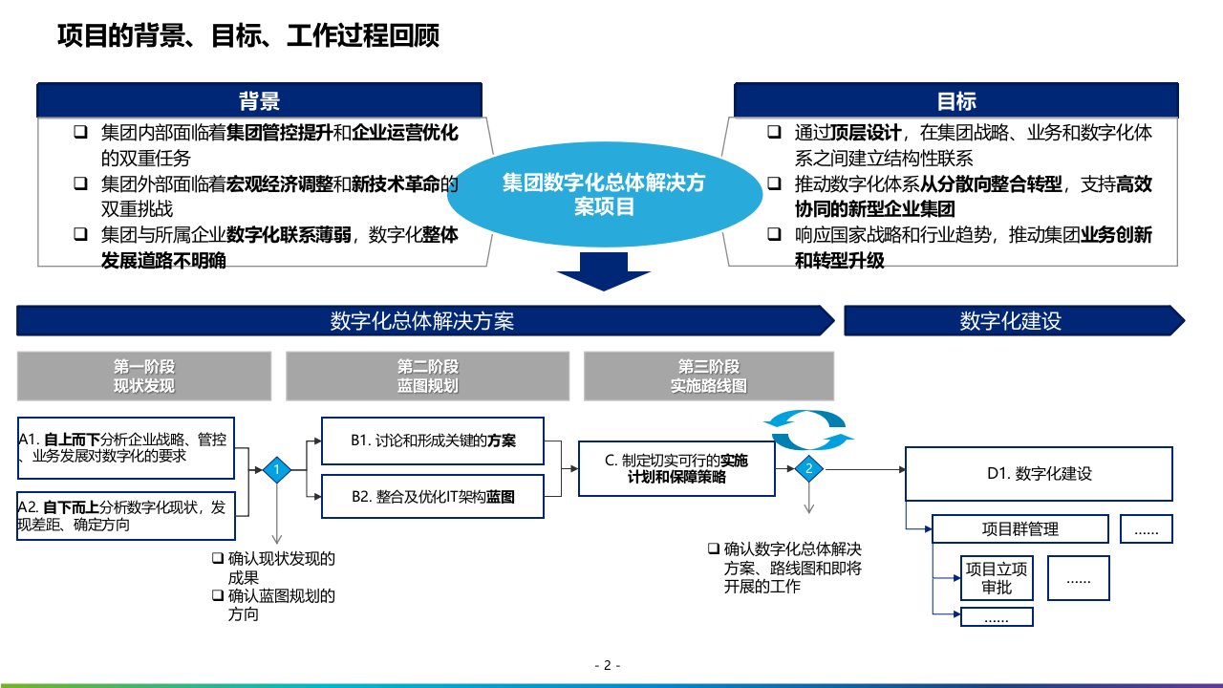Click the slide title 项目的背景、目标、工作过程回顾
(248, 36)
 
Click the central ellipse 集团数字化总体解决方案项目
(604, 194)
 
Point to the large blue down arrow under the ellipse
(603, 273)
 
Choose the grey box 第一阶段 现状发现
(144, 376)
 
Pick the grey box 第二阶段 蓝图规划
(428, 376)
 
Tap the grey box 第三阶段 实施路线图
(708, 376)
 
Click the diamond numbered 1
(277, 469)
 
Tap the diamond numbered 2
(809, 468)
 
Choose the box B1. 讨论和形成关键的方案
(433, 441)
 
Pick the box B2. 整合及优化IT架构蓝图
(433, 497)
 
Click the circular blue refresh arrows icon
(808, 430)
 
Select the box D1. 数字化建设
(1039, 473)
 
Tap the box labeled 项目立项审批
(997, 578)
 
